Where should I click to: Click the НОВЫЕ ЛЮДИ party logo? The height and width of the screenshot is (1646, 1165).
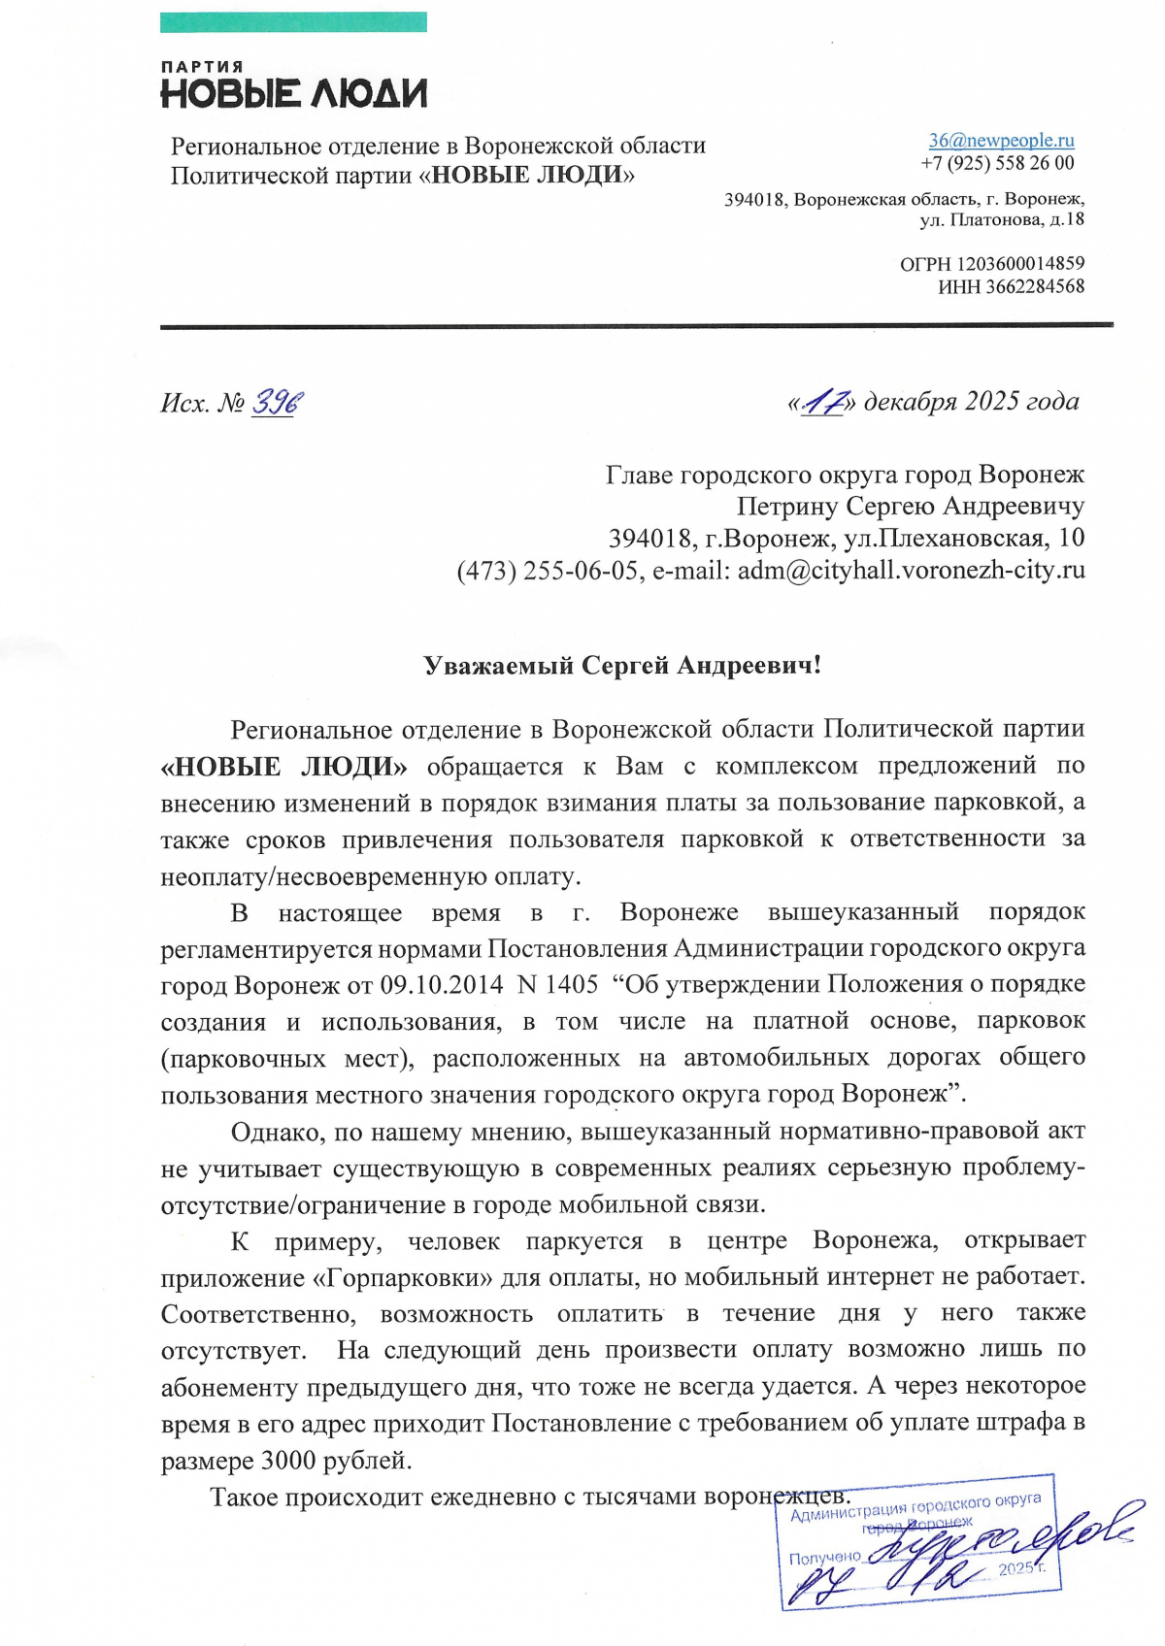(x=293, y=85)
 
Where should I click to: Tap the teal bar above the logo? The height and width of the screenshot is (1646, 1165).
(x=293, y=21)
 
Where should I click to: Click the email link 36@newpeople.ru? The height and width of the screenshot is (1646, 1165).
(x=1001, y=141)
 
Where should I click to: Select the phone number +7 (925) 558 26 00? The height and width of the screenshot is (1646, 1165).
(x=997, y=163)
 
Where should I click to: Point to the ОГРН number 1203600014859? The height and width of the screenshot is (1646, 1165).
(x=1020, y=264)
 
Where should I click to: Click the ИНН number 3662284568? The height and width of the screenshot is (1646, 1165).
(x=1035, y=286)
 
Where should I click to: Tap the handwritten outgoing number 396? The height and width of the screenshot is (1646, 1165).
(x=278, y=401)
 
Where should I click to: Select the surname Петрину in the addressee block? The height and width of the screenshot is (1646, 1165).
(x=787, y=507)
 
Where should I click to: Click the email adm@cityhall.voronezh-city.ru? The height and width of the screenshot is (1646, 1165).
(x=911, y=570)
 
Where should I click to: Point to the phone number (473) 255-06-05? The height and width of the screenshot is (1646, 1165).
(x=548, y=570)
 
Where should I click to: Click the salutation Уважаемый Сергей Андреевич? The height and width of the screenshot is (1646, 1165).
(x=622, y=666)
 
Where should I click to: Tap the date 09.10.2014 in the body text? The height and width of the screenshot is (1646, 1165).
(x=442, y=984)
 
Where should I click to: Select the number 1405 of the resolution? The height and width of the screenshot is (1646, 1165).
(x=571, y=984)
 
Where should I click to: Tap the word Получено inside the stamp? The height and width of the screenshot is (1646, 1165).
(x=824, y=1558)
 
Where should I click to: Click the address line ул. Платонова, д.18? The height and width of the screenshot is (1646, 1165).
(x=1001, y=219)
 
